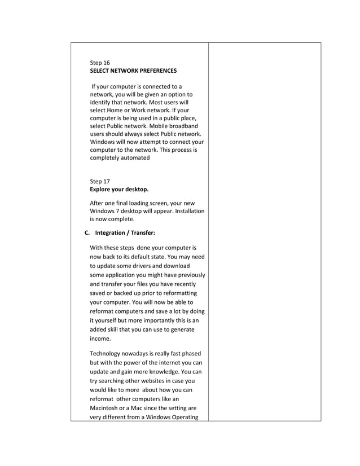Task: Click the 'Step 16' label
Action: [x=100, y=63]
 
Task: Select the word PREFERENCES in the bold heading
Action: [x=156, y=71]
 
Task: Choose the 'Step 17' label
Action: [x=100, y=181]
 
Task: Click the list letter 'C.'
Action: [x=87, y=232]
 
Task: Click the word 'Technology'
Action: [x=107, y=354]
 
